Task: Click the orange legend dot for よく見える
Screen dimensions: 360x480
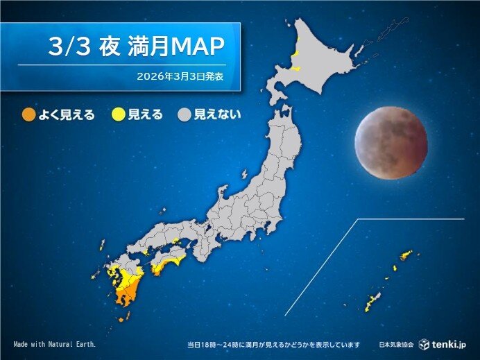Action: (x=28, y=114)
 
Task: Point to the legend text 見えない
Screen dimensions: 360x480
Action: (x=218, y=114)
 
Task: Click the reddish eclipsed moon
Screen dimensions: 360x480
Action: (x=391, y=143)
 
